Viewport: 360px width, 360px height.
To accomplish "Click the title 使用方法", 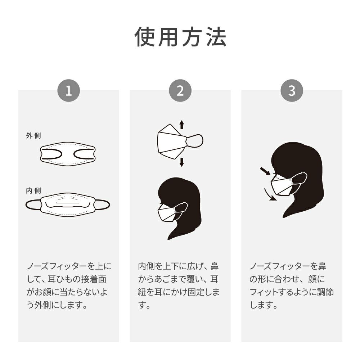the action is (180, 37).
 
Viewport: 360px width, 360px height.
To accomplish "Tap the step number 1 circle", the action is (69, 90).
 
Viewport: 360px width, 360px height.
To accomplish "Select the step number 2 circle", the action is (180, 90).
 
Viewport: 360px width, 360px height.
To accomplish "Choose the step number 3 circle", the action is (292, 90).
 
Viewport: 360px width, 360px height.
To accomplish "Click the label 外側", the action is (33, 135).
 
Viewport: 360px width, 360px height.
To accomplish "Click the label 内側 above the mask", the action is (33, 190).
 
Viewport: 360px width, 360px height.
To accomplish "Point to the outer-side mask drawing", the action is (68, 154).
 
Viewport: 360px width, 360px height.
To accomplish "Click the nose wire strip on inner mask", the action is (68, 203).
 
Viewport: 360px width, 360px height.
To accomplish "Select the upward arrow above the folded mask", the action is (181, 125).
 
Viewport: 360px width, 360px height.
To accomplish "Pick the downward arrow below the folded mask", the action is (181, 162).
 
